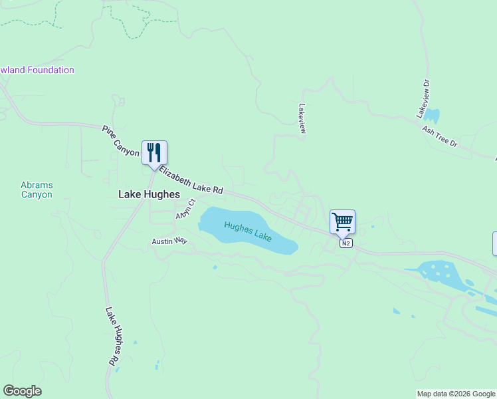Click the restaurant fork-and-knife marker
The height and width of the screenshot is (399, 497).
pos(154,152)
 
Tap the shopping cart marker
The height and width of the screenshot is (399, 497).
pos(342,221)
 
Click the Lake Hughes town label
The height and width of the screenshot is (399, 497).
pos(149,194)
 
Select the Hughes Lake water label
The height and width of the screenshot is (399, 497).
pos(248,231)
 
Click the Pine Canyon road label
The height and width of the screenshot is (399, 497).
pos(120,141)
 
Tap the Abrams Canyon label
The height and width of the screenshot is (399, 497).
pos(37,190)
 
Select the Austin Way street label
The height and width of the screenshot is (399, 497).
pos(169,241)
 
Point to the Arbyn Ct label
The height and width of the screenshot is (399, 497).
pos(185,209)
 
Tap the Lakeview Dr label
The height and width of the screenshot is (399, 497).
pos(423,100)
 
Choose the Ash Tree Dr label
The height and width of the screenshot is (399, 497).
pos(440,135)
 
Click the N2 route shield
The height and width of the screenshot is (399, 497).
pos(346,243)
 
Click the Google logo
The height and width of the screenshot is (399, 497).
pos(22,391)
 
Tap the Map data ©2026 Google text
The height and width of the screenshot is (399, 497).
pos(456,394)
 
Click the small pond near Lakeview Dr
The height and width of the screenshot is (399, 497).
pos(432,115)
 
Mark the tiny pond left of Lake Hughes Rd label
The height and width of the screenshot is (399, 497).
pos(135,342)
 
